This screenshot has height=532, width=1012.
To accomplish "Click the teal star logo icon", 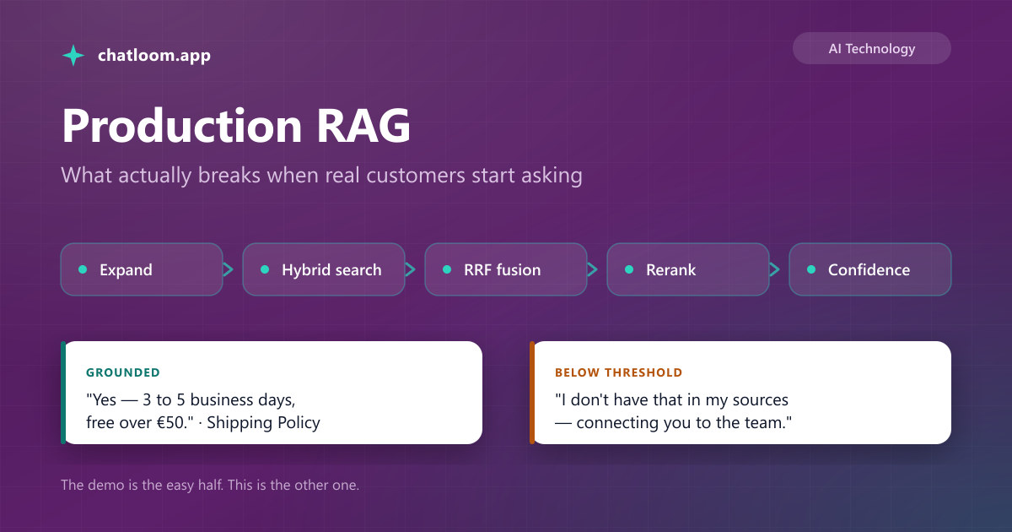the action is (x=73, y=55).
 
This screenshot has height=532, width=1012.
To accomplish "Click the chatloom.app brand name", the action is (x=154, y=55).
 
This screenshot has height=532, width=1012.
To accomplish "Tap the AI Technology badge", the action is (x=871, y=48).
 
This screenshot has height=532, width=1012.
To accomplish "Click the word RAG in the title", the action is (x=363, y=125).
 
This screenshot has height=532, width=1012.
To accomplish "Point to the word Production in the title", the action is (x=181, y=125).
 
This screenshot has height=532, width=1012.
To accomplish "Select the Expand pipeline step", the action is (x=142, y=269).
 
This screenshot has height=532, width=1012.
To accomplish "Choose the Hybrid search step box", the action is (x=324, y=269).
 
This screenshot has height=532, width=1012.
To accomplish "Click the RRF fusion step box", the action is (x=506, y=269).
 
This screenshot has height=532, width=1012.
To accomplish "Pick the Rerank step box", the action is (x=688, y=269).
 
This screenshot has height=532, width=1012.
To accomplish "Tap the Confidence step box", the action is (x=870, y=269).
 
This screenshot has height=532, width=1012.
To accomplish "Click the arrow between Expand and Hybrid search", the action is (x=229, y=269).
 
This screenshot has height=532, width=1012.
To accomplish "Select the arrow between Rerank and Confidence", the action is (x=774, y=269).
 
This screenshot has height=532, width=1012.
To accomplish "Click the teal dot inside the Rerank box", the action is (x=629, y=269).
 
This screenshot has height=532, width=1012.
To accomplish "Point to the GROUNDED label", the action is (x=123, y=372).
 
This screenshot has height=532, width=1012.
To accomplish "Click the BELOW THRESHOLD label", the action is (x=618, y=372).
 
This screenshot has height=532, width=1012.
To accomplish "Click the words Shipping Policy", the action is (x=263, y=422).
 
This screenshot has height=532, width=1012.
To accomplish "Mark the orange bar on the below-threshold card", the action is (x=532, y=393).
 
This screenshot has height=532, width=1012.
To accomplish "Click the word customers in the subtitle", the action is (x=415, y=176).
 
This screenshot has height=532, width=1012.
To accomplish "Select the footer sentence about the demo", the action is (x=210, y=485).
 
